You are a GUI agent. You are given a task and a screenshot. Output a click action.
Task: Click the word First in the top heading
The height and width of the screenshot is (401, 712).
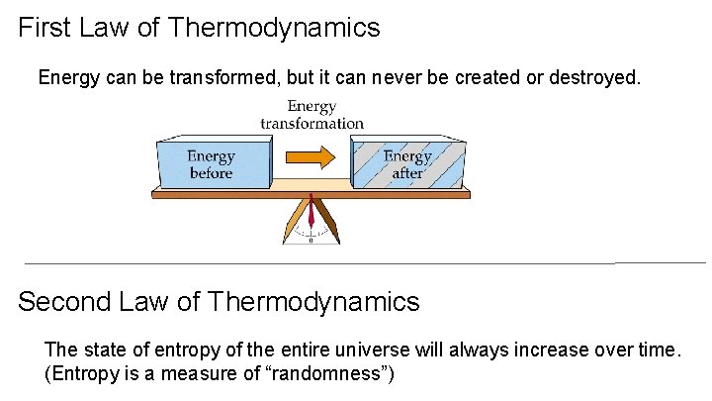45,28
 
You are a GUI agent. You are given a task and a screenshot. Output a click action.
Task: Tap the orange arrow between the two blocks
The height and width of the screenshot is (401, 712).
311,156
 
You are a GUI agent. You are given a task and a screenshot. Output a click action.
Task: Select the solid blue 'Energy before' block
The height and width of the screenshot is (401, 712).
213,164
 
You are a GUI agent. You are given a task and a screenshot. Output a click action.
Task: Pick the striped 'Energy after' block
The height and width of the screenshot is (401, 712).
407,164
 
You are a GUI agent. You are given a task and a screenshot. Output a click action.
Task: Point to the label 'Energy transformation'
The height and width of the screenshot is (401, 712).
311,115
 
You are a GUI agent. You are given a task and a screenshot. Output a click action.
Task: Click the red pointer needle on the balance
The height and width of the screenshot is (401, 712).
311,213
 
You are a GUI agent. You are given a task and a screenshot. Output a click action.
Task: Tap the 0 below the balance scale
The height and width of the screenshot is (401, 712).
311,240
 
